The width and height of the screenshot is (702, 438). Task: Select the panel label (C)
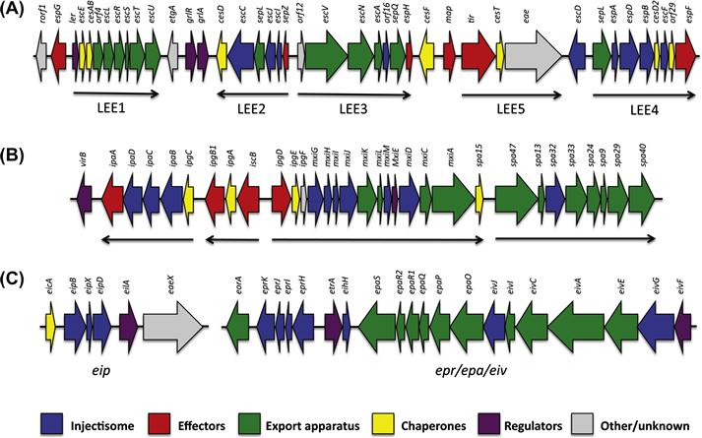pyautogui.click(x=17, y=282)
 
